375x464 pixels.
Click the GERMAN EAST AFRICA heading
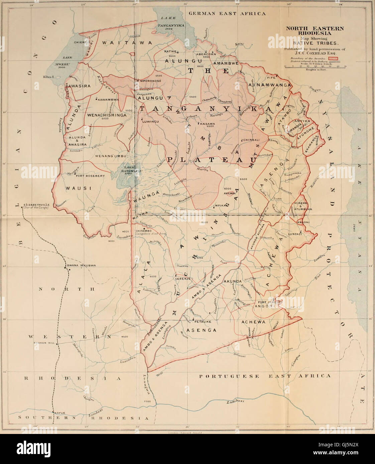(x=228, y=14)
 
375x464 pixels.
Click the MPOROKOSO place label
(x=150, y=81)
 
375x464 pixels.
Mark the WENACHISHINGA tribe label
(x=107, y=115)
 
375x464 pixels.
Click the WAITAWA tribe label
(x=127, y=43)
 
